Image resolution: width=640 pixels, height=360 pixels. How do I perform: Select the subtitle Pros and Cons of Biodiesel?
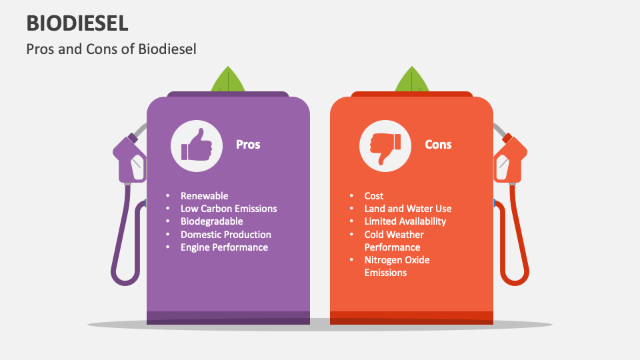pyautogui.click(x=111, y=49)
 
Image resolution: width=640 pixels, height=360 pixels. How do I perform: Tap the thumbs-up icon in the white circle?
pyautogui.click(x=196, y=145)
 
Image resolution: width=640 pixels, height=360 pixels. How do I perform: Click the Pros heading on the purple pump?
pyautogui.click(x=248, y=144)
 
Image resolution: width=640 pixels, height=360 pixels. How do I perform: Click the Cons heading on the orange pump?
pyautogui.click(x=438, y=144)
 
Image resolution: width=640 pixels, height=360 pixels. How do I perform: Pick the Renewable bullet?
pyautogui.click(x=204, y=196)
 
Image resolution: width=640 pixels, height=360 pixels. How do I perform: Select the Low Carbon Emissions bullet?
pyautogui.click(x=228, y=209)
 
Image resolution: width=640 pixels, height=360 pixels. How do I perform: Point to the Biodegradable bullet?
pyautogui.click(x=211, y=221)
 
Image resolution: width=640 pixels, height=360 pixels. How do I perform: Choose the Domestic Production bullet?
pyautogui.click(x=225, y=235)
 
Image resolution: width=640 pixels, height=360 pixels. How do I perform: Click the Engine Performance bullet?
pyautogui.click(x=224, y=247)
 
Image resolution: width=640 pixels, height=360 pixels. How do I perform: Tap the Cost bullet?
pyautogui.click(x=373, y=196)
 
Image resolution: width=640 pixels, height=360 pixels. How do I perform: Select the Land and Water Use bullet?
pyautogui.click(x=407, y=209)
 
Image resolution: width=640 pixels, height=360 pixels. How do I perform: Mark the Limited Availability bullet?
pyautogui.click(x=405, y=221)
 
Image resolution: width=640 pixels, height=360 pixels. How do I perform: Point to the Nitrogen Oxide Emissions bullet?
pyautogui.click(x=397, y=266)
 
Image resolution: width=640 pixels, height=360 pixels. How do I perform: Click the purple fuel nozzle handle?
pyautogui.click(x=131, y=160)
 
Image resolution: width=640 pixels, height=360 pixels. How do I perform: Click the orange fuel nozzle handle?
pyautogui.click(x=510, y=160)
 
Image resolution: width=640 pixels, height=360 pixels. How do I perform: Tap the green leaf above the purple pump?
pyautogui.click(x=228, y=80)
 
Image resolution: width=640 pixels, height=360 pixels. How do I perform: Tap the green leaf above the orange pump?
pyautogui.click(x=412, y=80)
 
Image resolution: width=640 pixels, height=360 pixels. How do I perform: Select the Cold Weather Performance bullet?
pyautogui.click(x=393, y=241)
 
